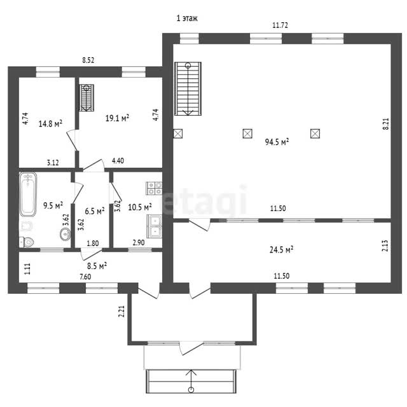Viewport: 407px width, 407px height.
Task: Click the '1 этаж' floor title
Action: tap(187, 18)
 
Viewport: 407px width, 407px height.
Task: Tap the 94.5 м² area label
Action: tap(277, 142)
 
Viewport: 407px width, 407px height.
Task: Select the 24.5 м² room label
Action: tap(281, 250)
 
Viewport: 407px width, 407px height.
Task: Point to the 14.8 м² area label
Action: tap(50, 123)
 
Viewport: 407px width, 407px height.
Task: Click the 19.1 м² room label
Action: tap(117, 118)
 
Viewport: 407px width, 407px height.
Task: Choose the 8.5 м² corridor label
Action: tap(97, 266)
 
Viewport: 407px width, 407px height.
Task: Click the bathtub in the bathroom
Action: tap(28, 194)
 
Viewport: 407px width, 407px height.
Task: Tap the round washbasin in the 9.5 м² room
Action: tap(65, 235)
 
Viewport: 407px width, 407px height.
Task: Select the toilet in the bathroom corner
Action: tap(27, 242)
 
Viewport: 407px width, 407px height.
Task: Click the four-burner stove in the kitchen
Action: tap(154, 188)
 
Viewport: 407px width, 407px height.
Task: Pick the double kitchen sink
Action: tap(154, 226)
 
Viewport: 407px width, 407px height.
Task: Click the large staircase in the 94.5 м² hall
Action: tap(188, 89)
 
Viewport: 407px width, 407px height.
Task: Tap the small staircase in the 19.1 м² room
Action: tap(86, 98)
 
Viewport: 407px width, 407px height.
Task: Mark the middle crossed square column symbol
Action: tap(247, 134)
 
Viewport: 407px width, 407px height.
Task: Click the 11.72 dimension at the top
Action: tap(280, 25)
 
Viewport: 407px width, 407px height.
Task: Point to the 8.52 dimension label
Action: tap(88, 60)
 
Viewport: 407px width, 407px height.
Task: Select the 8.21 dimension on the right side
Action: tap(387, 124)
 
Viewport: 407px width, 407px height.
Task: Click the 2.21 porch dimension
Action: tap(121, 311)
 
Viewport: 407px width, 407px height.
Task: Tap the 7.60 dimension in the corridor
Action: tap(85, 277)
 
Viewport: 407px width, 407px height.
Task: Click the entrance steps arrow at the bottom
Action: tap(191, 381)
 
